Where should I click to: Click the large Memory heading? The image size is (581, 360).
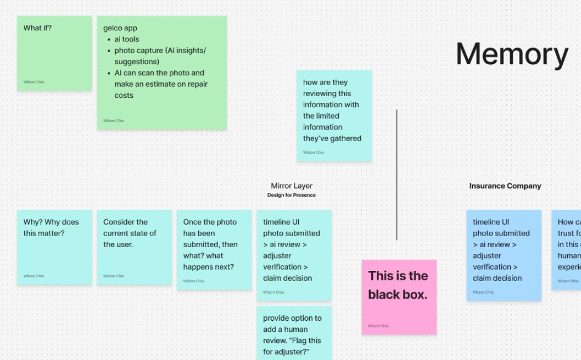click(512, 55)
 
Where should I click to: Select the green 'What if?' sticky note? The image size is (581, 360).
click(54, 53)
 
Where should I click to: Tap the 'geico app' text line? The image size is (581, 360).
click(120, 28)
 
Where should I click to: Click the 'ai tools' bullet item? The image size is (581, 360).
click(127, 39)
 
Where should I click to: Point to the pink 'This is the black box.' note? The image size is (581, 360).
click(399, 296)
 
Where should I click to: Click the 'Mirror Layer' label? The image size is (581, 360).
click(292, 186)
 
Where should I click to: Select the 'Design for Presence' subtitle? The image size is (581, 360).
click(292, 195)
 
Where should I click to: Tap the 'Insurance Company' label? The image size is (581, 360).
click(505, 186)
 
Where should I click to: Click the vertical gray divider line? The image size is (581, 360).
click(396, 174)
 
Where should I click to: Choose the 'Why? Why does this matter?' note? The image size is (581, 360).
click(54, 247)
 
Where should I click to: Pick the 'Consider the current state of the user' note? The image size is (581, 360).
click(134, 247)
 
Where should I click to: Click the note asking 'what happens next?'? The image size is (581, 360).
click(214, 249)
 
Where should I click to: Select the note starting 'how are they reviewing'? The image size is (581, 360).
click(334, 116)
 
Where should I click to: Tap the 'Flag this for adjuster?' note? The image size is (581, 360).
click(294, 332)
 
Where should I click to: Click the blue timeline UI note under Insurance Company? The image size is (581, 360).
click(504, 255)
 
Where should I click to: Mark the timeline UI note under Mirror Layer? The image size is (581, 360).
click(294, 255)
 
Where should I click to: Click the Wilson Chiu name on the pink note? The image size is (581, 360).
click(378, 326)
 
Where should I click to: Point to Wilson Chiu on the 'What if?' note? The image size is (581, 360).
click(33, 82)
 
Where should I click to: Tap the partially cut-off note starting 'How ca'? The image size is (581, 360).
click(567, 249)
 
